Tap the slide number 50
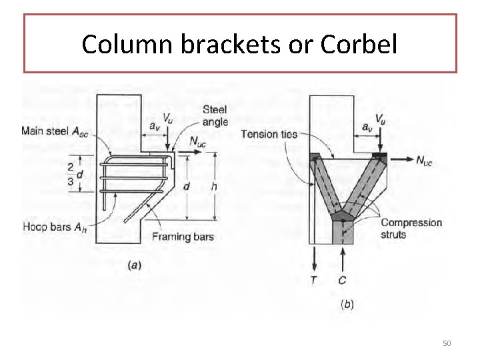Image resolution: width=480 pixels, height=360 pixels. coord(447,343)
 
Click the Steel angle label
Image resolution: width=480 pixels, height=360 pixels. coord(214,116)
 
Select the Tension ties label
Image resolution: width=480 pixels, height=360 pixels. coord(269,134)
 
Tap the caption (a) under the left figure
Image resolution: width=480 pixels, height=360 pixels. coord(134,265)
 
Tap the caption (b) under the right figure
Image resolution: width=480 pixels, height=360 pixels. coord(347,305)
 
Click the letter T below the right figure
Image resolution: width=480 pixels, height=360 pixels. coord(313,281)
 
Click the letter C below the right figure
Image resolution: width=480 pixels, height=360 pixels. coord(343,281)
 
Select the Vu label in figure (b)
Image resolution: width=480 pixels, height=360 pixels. coord(381,119)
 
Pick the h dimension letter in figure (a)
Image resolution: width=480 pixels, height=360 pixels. coord(213,186)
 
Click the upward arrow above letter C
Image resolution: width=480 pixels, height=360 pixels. coord(343,257)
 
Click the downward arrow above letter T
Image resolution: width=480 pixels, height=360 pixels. coord(313,257)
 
